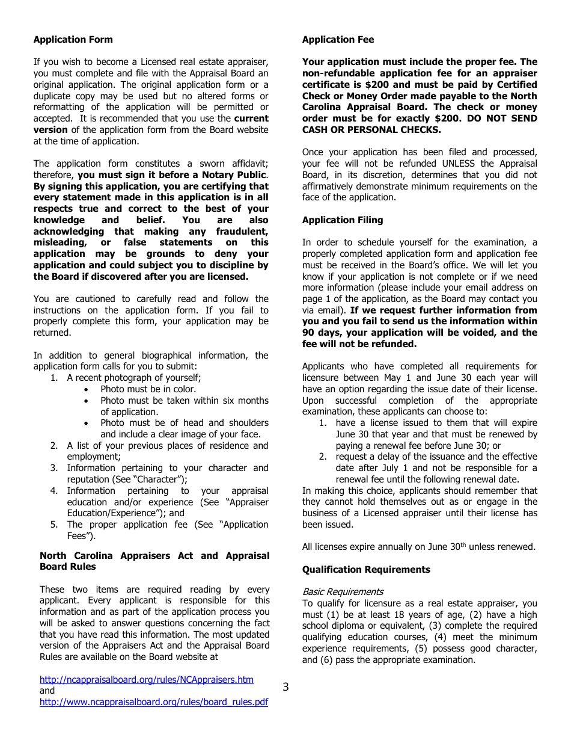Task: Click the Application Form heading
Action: coord(73,40)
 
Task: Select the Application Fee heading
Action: coord(338,40)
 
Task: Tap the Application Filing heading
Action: coord(343,220)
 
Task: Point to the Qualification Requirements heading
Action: coord(366,570)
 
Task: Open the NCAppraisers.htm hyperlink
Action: coord(146,680)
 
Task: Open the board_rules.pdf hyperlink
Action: coord(154,702)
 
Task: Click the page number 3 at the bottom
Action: coord(285,687)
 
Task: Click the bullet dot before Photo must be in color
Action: coord(88,389)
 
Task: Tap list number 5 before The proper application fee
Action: coord(54,525)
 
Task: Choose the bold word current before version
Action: coord(251,119)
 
